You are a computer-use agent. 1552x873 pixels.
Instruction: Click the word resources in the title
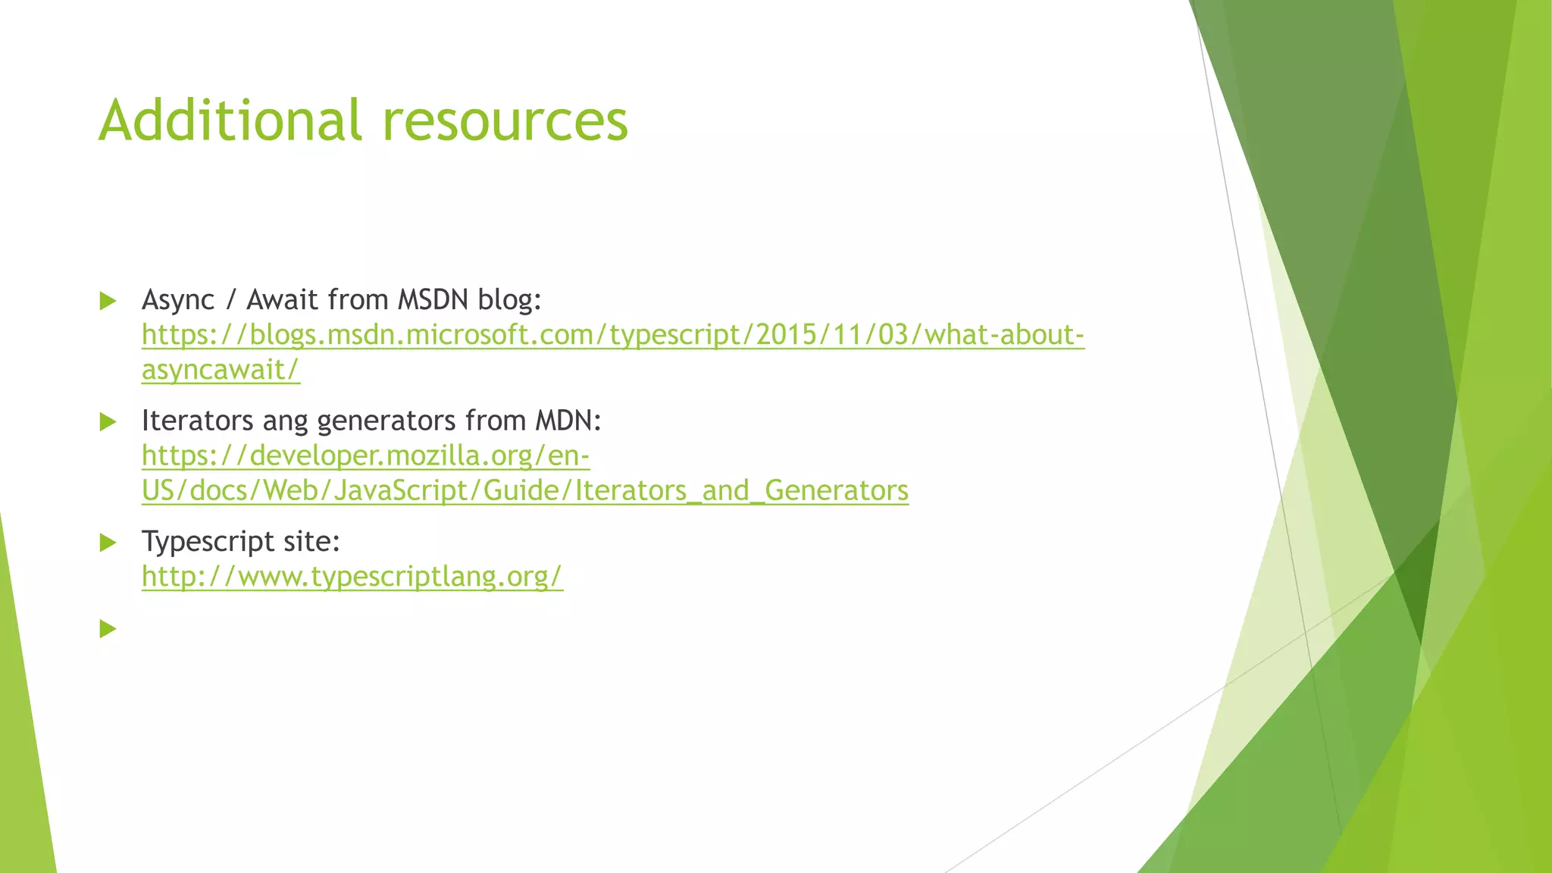point(505,120)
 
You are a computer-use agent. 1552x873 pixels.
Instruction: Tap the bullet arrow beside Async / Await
point(108,301)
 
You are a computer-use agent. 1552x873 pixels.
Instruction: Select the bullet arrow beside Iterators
point(108,421)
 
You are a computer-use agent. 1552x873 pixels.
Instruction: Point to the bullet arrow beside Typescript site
point(108,543)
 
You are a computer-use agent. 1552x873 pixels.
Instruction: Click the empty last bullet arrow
point(108,628)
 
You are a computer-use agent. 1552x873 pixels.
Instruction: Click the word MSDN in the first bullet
point(433,300)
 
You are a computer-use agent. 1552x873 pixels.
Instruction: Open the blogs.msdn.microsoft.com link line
point(612,335)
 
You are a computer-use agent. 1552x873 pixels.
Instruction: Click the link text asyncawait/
point(221,370)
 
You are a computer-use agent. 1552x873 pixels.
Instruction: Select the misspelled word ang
point(286,421)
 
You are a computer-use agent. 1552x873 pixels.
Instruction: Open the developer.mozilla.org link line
point(365,455)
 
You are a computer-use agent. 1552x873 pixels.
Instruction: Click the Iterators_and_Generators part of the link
point(741,490)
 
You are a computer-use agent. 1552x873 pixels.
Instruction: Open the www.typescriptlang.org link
point(352,577)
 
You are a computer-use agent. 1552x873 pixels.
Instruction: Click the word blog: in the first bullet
point(509,300)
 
